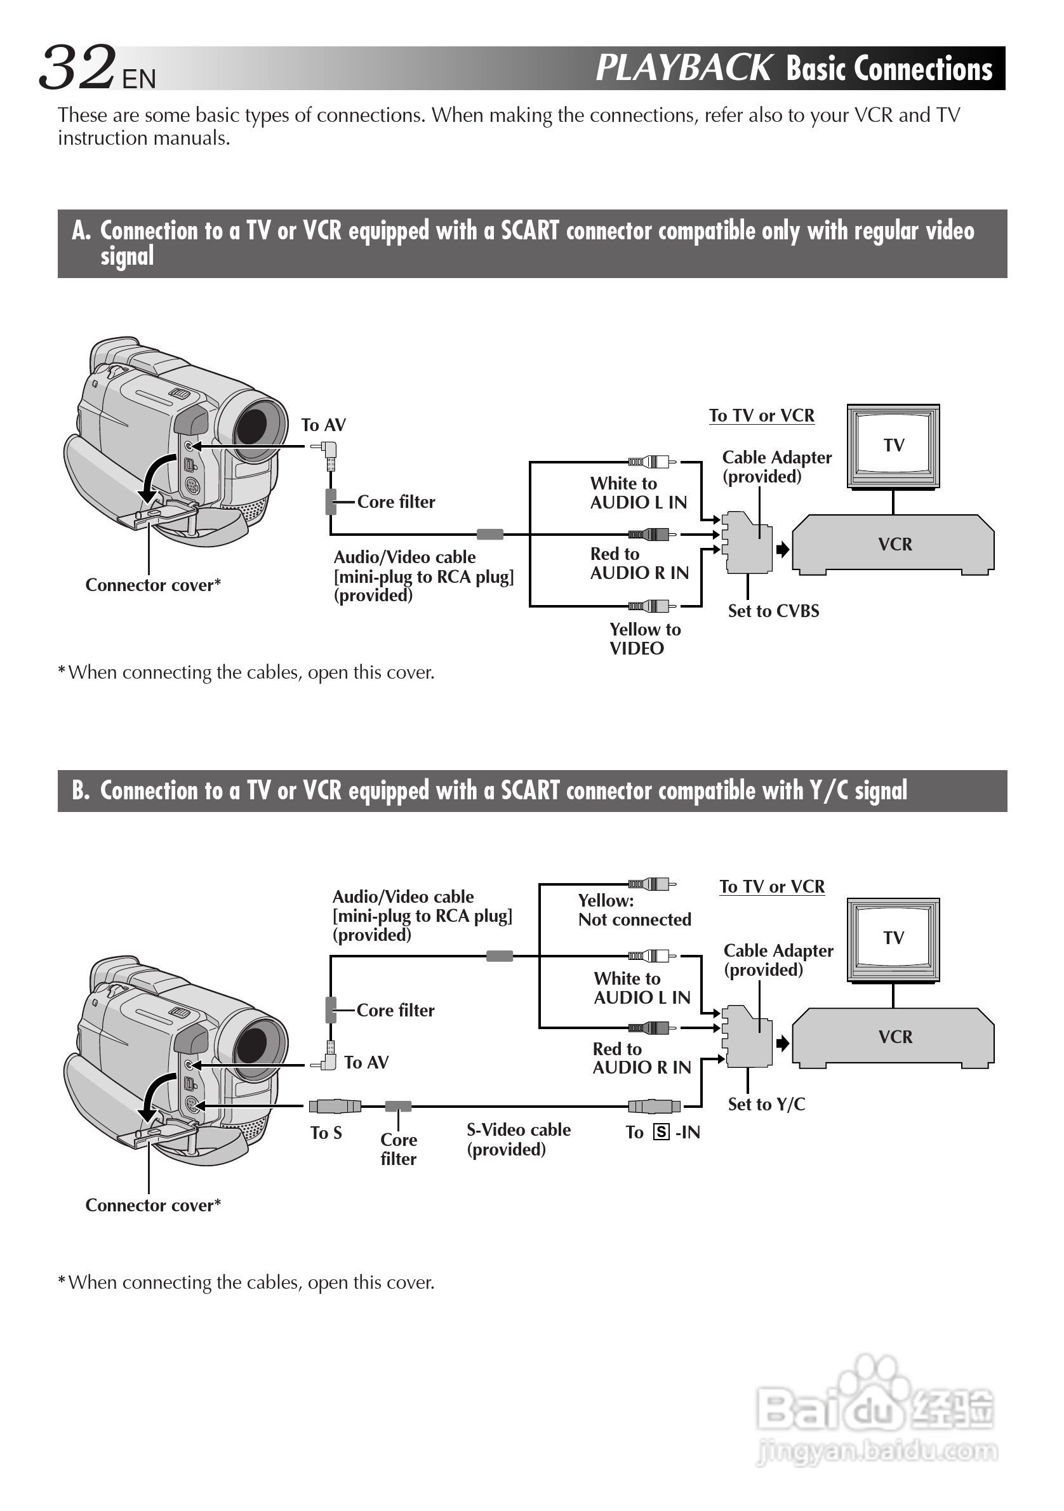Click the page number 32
click(x=77, y=67)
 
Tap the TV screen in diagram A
click(x=893, y=445)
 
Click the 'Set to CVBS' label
click(x=773, y=611)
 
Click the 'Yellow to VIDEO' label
click(x=644, y=638)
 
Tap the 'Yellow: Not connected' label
click(x=634, y=910)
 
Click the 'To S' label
click(x=326, y=1133)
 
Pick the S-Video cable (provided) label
click(x=519, y=1139)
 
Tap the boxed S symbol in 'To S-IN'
click(x=661, y=1132)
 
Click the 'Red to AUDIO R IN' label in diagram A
click(x=639, y=563)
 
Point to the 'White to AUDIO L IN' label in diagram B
click(x=642, y=988)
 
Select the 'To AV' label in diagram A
click(x=323, y=425)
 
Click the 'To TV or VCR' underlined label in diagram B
click(x=772, y=886)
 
